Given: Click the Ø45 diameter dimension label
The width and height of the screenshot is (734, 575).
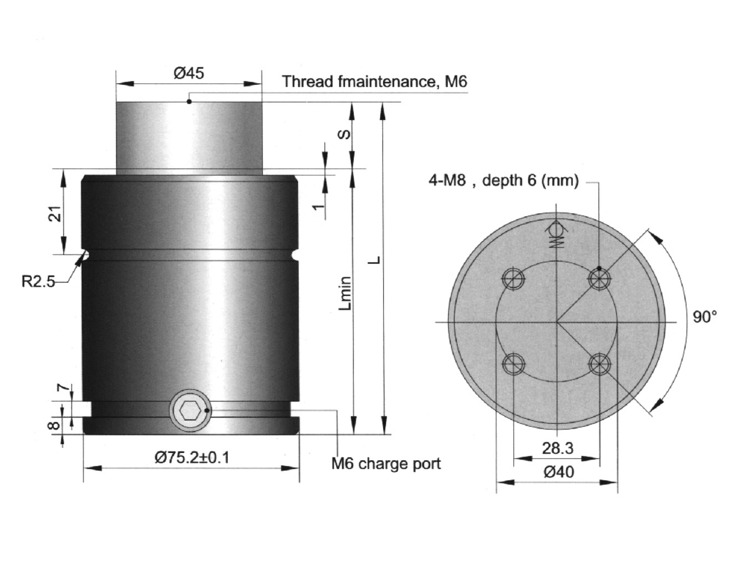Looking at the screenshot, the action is tap(189, 73).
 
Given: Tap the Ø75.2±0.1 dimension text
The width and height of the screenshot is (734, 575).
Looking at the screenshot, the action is tap(192, 457).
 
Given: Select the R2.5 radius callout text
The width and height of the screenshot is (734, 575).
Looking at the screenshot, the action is tap(38, 281).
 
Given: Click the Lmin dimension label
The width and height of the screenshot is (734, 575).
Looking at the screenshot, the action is tap(345, 293).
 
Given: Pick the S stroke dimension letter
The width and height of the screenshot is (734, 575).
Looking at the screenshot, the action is tap(344, 135).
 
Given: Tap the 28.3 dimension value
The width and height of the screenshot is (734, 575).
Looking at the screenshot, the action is tap(558, 449).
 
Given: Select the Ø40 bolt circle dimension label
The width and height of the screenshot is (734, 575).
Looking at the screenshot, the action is tap(559, 472).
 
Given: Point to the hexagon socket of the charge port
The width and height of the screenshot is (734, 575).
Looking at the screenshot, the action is tap(190, 411).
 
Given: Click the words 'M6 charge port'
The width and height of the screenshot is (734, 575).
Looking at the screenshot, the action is tap(386, 464).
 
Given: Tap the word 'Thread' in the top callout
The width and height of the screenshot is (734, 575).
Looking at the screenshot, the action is tap(307, 82).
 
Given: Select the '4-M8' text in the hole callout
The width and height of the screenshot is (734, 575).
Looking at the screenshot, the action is tap(447, 180).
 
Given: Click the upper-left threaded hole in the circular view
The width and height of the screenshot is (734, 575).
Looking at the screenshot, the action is tap(513, 279).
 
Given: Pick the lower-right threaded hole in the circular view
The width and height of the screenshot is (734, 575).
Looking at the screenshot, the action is tap(600, 364).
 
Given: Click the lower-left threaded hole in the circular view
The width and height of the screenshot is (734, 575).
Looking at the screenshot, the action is tap(513, 364).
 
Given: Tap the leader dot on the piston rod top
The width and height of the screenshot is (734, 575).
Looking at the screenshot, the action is tap(189, 101).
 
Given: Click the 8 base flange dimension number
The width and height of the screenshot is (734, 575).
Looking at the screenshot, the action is tap(55, 425).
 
